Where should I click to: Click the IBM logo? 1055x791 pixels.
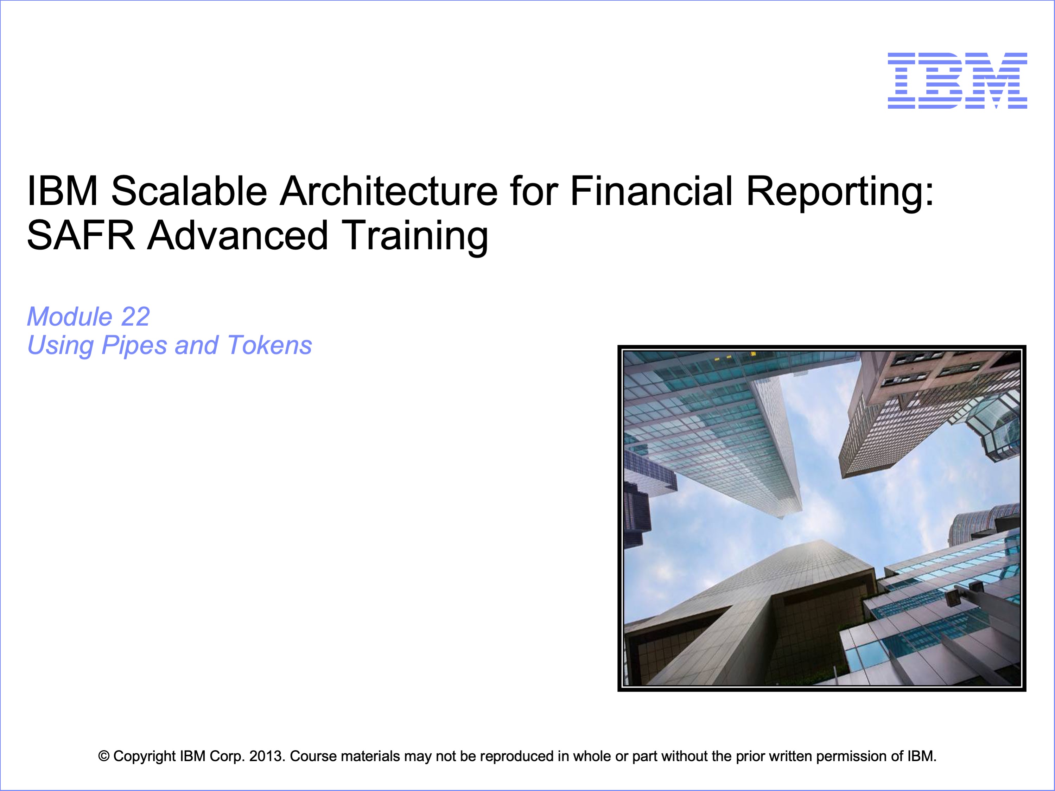tap(957, 81)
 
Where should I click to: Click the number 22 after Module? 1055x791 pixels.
tap(135, 317)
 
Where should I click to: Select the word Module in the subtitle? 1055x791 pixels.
tap(70, 317)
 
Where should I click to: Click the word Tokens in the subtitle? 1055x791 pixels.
tap(269, 345)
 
